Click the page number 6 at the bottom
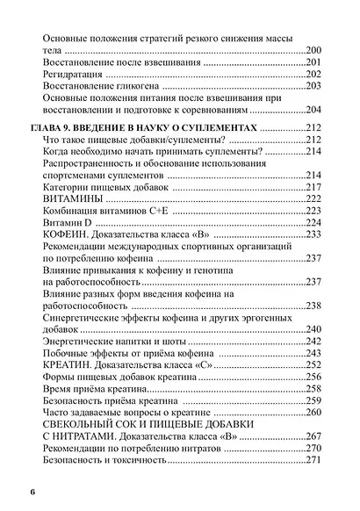[x=32, y=489]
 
